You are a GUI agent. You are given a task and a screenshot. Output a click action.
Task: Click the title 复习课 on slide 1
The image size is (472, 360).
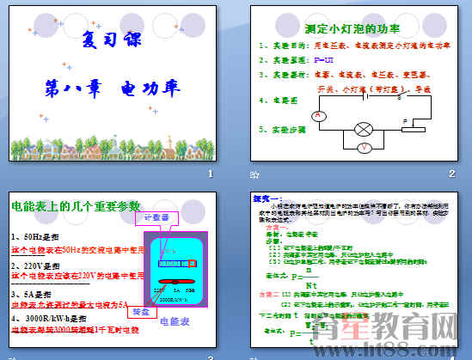coord(113,40)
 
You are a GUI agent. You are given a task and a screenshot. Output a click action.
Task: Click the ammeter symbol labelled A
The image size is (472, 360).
coord(319,115)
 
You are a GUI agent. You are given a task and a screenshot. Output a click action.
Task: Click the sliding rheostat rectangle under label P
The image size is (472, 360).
coord(413,129)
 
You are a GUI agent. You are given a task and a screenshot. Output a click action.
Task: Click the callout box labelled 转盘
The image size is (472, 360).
coord(141,313)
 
